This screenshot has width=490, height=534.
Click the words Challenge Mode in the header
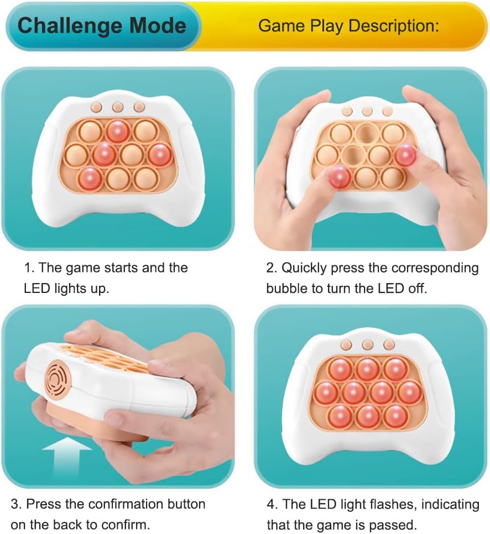point(102,26)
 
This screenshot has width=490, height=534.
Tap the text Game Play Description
point(348,26)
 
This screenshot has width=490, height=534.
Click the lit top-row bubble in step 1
point(117,131)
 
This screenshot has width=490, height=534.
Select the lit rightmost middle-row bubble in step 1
point(160,154)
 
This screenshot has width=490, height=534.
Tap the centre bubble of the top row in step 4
point(367,369)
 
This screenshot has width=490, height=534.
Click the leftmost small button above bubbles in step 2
point(347,111)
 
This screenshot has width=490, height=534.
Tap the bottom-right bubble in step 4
point(396,416)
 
